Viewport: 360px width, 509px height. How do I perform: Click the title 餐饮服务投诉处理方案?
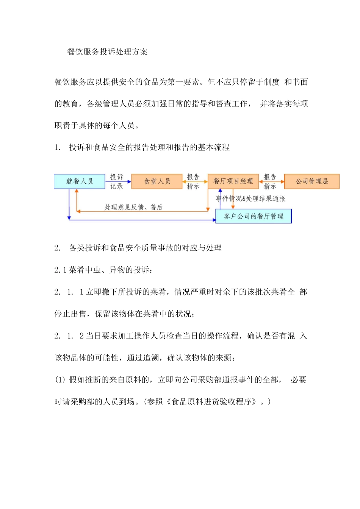pos(107,52)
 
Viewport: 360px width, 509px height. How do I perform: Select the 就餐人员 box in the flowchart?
pos(80,181)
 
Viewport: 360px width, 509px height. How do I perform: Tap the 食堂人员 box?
pos(157,181)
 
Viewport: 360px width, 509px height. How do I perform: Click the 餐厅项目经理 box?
pos(233,181)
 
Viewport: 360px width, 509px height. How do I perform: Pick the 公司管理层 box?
pos(311,181)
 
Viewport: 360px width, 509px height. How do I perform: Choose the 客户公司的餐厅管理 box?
pos(254,216)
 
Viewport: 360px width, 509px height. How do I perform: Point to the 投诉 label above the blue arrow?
pos(117,177)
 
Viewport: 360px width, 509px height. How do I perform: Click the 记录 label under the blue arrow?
pos(117,186)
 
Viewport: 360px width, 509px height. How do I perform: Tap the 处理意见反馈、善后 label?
pos(133,207)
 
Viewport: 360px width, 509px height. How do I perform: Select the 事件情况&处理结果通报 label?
pos(251,198)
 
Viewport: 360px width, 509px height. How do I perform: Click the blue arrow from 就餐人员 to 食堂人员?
pos(118,182)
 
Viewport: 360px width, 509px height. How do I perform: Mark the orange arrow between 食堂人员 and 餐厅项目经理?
pos(195,182)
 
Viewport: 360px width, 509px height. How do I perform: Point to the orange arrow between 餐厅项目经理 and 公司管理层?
pos(271,182)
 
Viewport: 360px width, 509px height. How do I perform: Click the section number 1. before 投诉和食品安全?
pos(58,148)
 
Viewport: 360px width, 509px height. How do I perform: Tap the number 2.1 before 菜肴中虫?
pos(61,270)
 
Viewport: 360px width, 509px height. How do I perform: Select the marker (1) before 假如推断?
pos(60,380)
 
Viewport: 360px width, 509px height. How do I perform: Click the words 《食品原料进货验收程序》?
pos(213,402)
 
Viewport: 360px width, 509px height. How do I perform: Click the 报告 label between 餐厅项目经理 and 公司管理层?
pos(270,177)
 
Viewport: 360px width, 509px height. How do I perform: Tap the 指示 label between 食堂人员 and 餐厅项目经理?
pos(193,186)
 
